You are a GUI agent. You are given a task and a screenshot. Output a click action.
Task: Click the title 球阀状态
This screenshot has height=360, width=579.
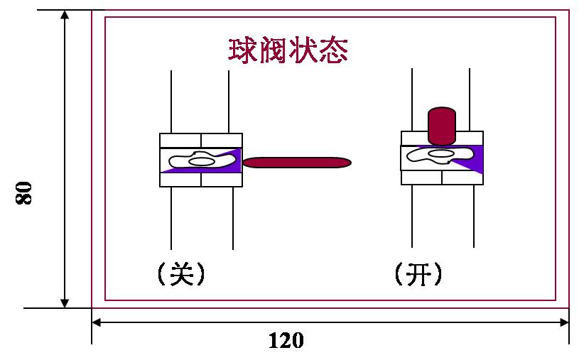(287, 50)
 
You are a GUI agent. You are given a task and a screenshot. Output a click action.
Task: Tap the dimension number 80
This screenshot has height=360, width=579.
(25, 192)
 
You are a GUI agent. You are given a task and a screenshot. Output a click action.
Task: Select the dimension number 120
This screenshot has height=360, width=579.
(286, 340)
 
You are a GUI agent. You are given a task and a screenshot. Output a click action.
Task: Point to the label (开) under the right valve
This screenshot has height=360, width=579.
(418, 274)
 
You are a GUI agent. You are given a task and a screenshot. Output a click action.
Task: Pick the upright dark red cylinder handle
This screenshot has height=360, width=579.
(441, 126)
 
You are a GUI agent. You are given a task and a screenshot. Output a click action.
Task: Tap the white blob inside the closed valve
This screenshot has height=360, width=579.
(200, 161)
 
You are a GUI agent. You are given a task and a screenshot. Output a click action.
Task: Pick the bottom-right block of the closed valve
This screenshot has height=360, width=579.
(222, 180)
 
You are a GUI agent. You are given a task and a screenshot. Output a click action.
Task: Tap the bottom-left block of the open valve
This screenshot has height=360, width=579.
(421, 177)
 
